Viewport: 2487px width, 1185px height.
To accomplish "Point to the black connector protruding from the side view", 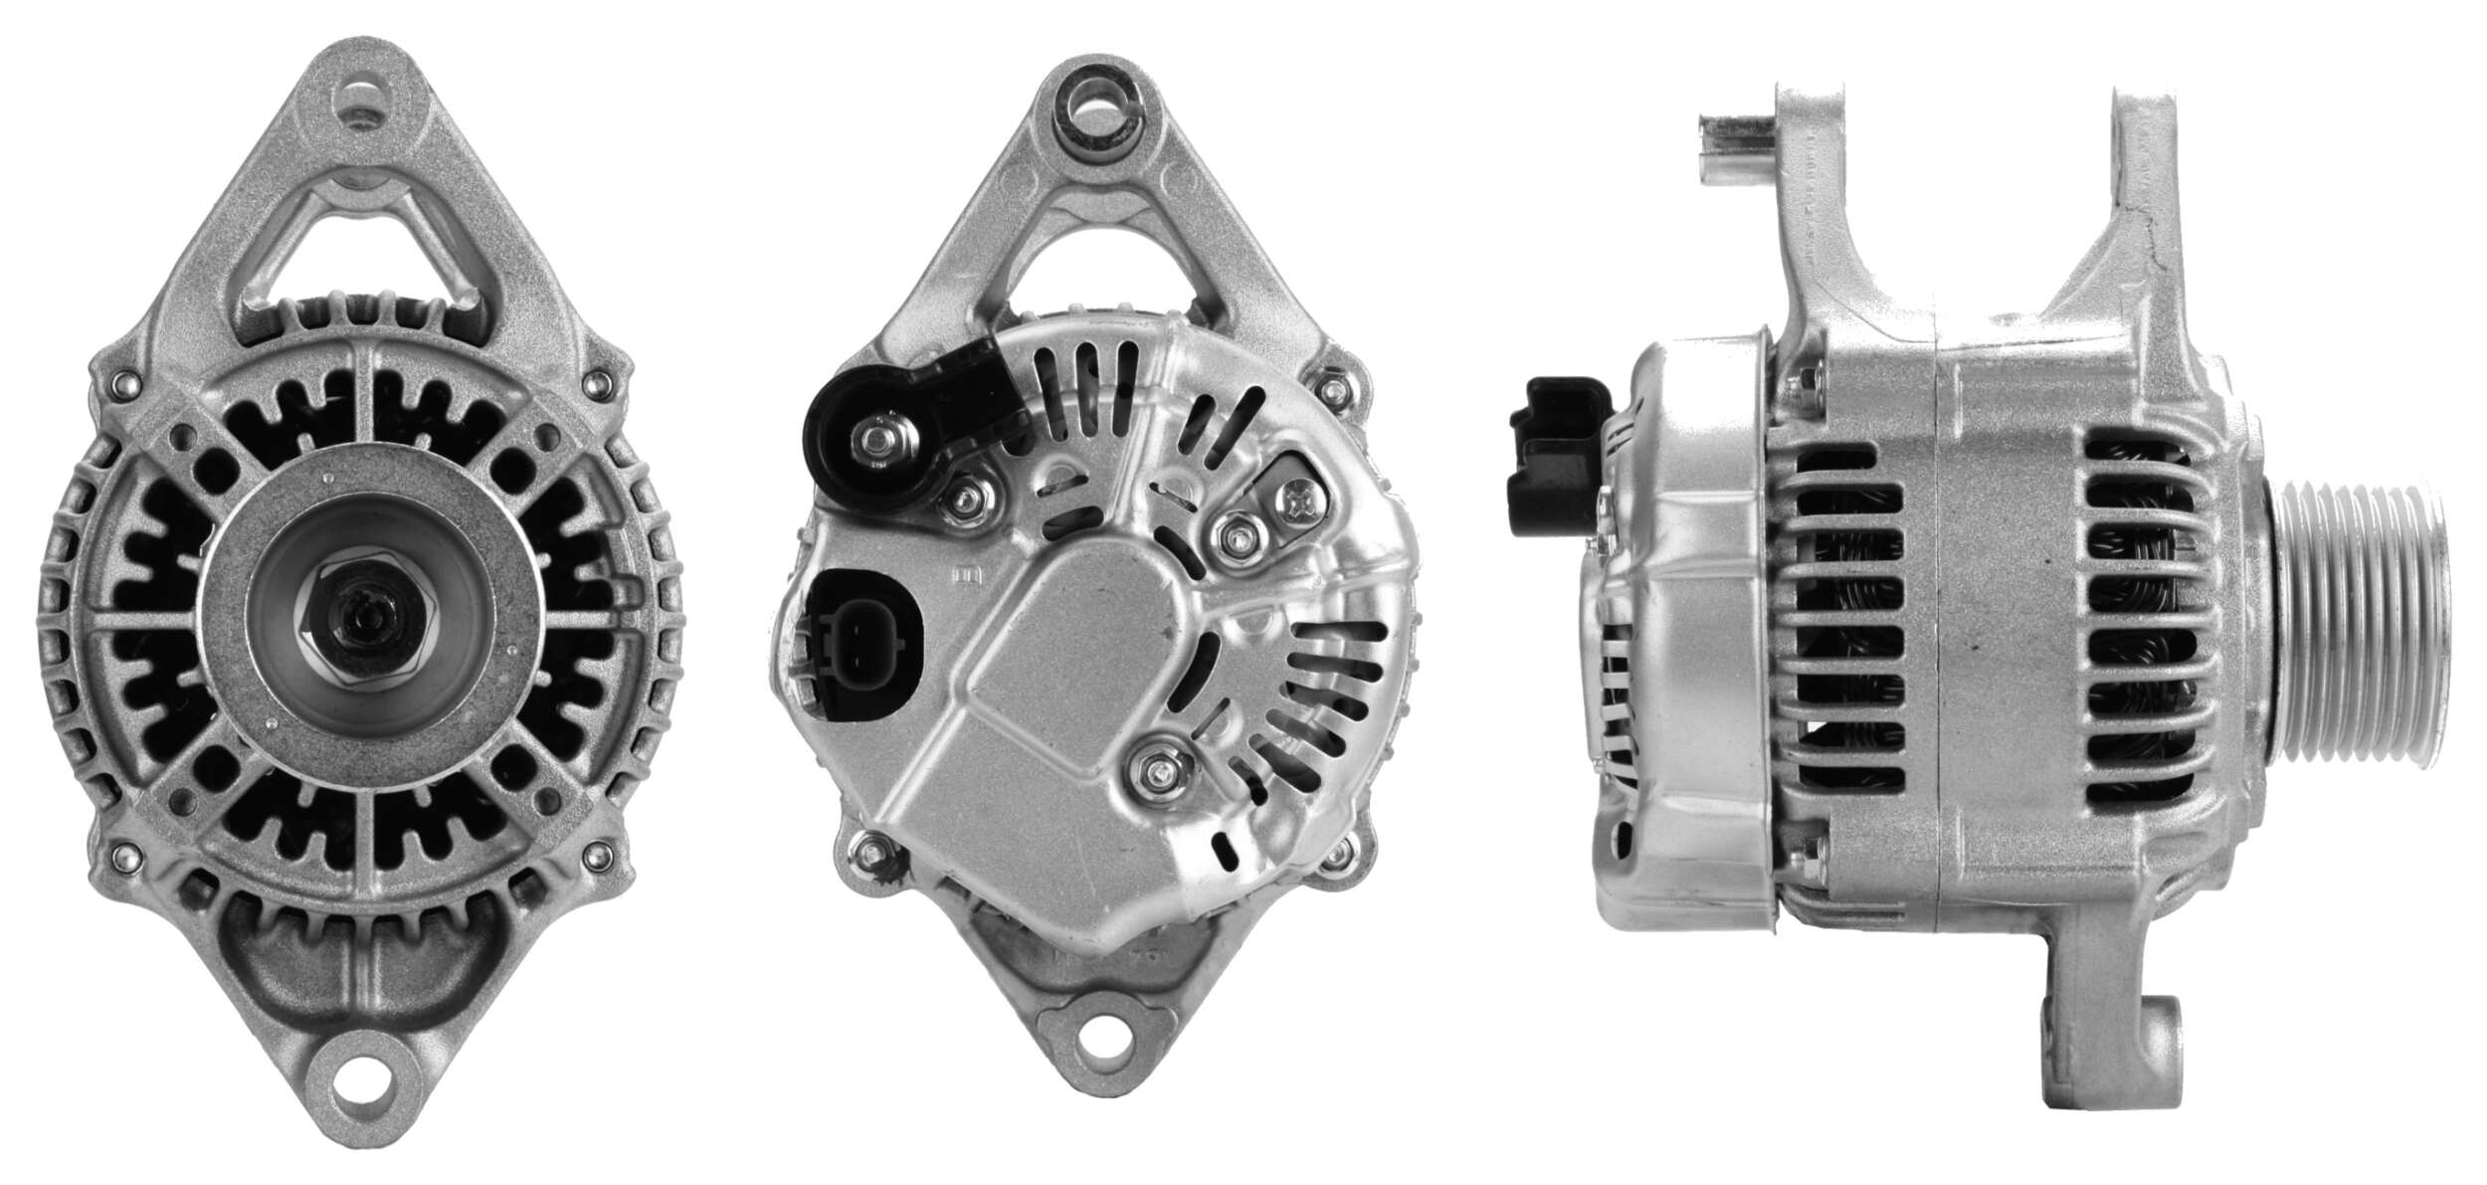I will [1555, 454].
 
